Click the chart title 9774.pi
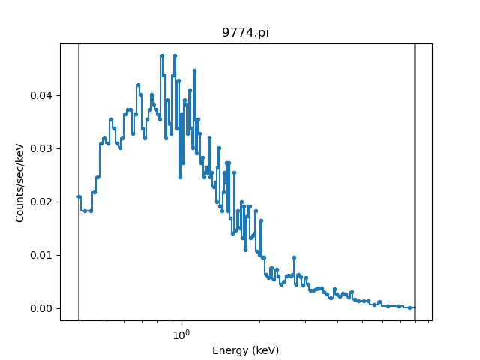245,33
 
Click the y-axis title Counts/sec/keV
20,182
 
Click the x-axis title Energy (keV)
245,350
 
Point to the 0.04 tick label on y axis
43,95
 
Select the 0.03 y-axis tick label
43,148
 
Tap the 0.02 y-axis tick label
43,202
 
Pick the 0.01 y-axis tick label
43,255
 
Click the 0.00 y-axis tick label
43,308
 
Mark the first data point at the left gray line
79,196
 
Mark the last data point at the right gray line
412,307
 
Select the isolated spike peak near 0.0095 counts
294,257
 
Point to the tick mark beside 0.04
59,95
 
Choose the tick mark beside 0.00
59,308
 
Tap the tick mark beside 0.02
59,202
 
